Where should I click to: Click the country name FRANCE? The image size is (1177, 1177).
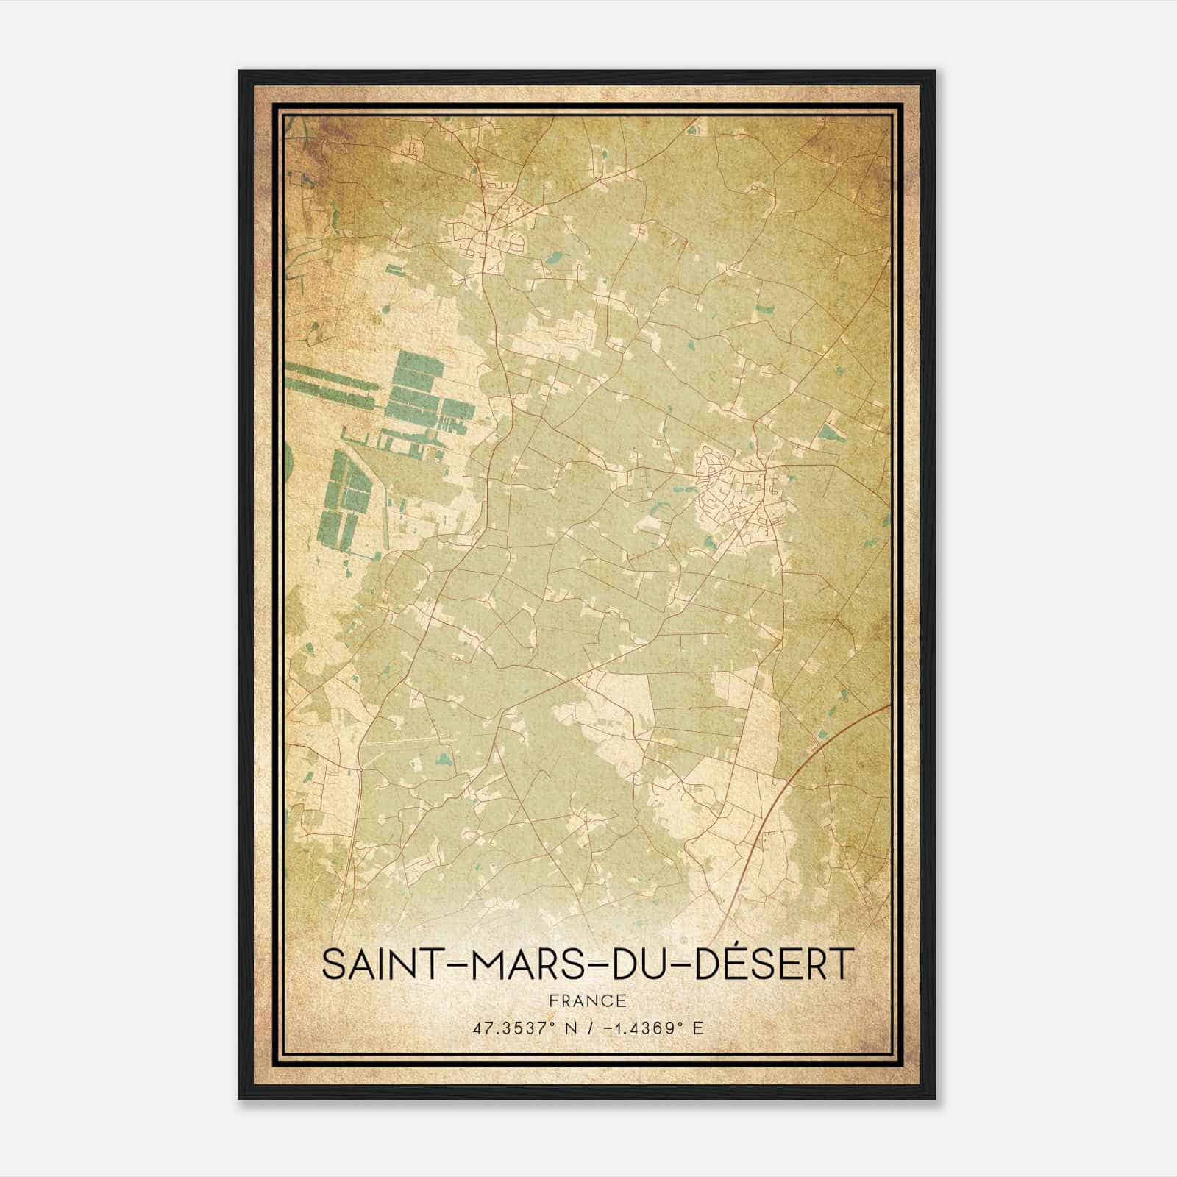tap(587, 1000)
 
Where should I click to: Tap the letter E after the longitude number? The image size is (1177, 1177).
tap(698, 1028)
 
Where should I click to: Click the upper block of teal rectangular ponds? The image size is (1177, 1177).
tap(416, 394)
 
